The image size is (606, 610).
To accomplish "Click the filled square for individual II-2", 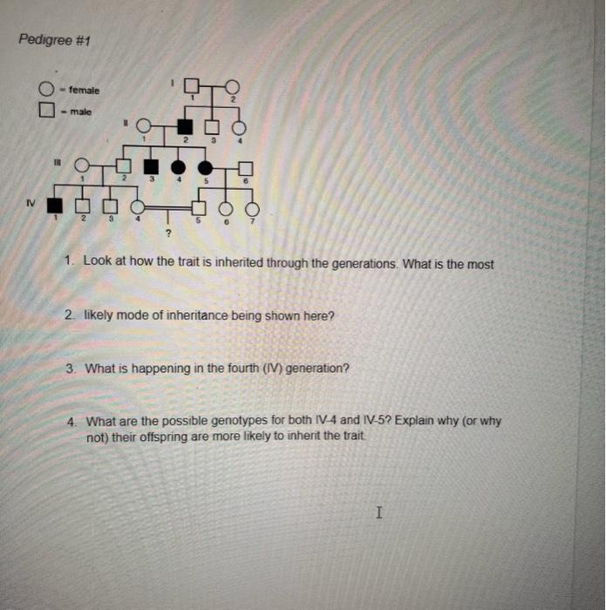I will pos(184,125).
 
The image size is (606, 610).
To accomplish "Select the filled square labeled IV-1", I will pos(55,207).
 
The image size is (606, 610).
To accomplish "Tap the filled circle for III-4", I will pos(180,166).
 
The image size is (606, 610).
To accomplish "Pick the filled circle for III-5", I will pos(207,166).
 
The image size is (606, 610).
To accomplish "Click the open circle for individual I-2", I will pos(231,85).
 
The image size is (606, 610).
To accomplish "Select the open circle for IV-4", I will pos(138,207).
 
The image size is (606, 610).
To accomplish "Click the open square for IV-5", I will pos(199,208).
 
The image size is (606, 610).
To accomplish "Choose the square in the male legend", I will pos(45,112).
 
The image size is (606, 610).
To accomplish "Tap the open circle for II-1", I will pos(145,125).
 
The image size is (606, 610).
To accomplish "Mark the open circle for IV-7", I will pos(253,208).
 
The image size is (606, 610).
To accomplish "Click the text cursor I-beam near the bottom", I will pos(378,513).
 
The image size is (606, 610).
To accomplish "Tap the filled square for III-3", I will pos(151,166).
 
